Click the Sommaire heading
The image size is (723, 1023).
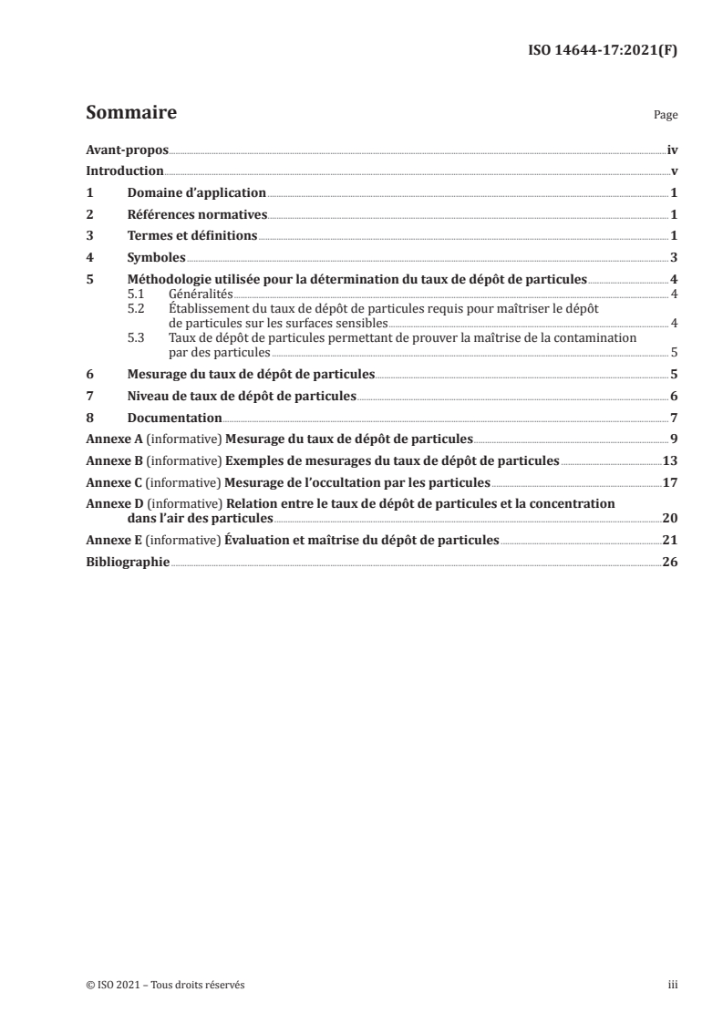click(x=130, y=114)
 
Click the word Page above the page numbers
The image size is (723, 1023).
click(x=666, y=117)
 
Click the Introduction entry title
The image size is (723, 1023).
click(x=125, y=170)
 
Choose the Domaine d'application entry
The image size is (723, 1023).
click(x=196, y=193)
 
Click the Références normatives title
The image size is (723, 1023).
click(x=196, y=215)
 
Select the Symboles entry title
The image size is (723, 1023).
click(x=156, y=259)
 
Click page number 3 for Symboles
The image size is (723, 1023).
click(x=673, y=259)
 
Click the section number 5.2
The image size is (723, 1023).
click(x=135, y=310)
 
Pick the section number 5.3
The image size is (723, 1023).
click(x=135, y=338)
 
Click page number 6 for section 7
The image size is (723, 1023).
click(x=673, y=397)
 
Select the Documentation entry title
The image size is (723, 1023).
click(x=174, y=418)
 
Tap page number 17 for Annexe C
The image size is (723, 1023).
click(x=669, y=482)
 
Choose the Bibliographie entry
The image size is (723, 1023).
click(x=128, y=563)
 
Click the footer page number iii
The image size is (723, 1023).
click(x=672, y=985)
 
